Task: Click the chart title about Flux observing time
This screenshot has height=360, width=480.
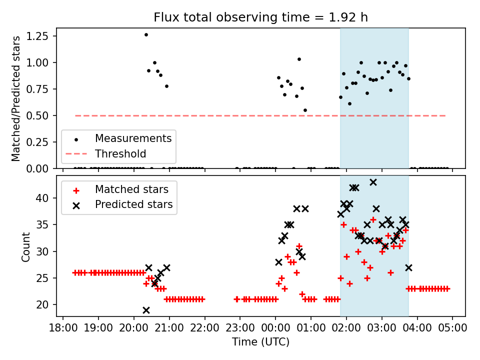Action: [260, 18]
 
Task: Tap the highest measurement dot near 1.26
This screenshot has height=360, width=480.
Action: [146, 34]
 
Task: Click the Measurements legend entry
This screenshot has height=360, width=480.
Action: [133, 138]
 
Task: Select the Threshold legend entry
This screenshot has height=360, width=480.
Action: [120, 153]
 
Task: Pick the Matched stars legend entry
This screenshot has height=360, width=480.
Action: [131, 189]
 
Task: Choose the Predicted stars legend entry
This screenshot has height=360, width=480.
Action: [133, 204]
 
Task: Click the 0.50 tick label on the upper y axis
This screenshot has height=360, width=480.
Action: [42, 115]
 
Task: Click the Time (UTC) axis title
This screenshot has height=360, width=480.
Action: [260, 342]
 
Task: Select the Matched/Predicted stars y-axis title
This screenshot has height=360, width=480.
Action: [16, 98]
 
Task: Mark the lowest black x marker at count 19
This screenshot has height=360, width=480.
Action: [146, 310]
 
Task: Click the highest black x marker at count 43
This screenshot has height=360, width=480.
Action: [373, 182]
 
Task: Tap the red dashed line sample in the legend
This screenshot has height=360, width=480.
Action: [76, 153]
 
